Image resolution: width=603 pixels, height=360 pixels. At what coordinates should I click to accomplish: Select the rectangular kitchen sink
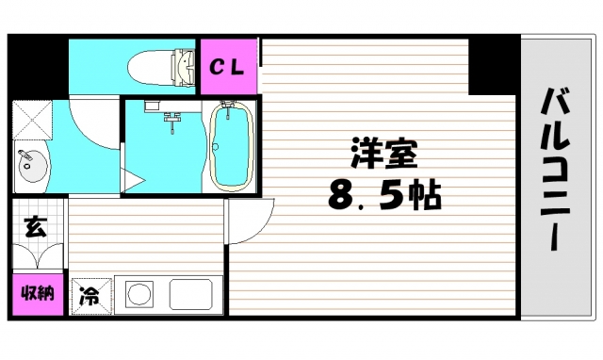(194, 295)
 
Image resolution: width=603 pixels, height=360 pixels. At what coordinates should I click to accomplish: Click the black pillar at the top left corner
(38, 66)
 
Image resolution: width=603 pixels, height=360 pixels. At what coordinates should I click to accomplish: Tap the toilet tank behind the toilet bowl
(182, 63)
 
